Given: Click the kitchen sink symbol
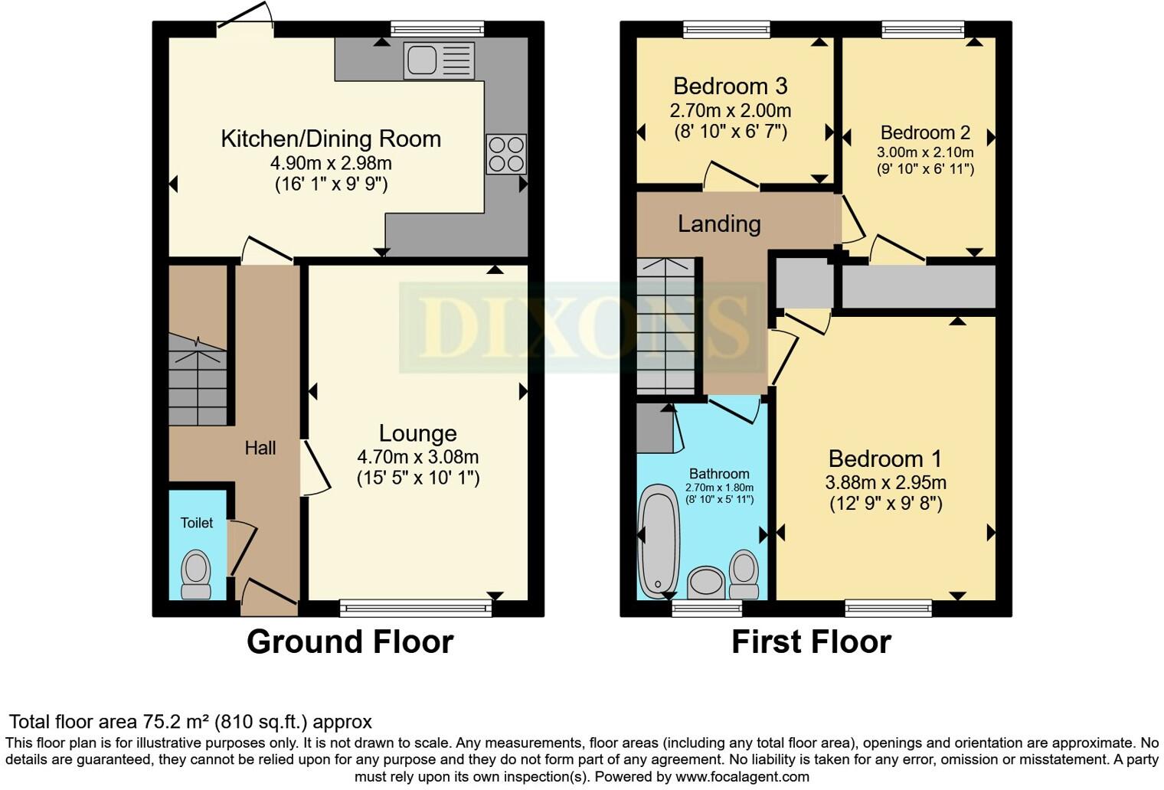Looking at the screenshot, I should [x=439, y=60].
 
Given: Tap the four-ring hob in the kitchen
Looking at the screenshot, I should [x=506, y=154].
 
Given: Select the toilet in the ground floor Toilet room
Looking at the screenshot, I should [x=196, y=575].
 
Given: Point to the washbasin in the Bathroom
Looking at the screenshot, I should [x=706, y=583].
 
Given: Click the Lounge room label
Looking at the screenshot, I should [x=417, y=433].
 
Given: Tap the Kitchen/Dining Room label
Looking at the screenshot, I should [x=331, y=139].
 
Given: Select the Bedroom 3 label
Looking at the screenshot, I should [x=730, y=86].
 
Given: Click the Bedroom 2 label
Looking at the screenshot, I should [x=925, y=132].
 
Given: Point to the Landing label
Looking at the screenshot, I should [x=719, y=224].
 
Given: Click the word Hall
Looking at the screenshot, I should [x=260, y=448].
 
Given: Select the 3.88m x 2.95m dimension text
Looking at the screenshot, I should [x=885, y=483].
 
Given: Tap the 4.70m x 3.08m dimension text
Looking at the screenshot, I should [x=417, y=457].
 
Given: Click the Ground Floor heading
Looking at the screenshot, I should [x=350, y=641].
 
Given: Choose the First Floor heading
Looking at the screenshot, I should [x=811, y=641].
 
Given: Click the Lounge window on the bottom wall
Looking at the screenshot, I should [x=416, y=609].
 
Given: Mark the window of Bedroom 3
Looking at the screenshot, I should [x=726, y=30].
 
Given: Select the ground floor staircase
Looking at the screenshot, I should [x=198, y=383].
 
